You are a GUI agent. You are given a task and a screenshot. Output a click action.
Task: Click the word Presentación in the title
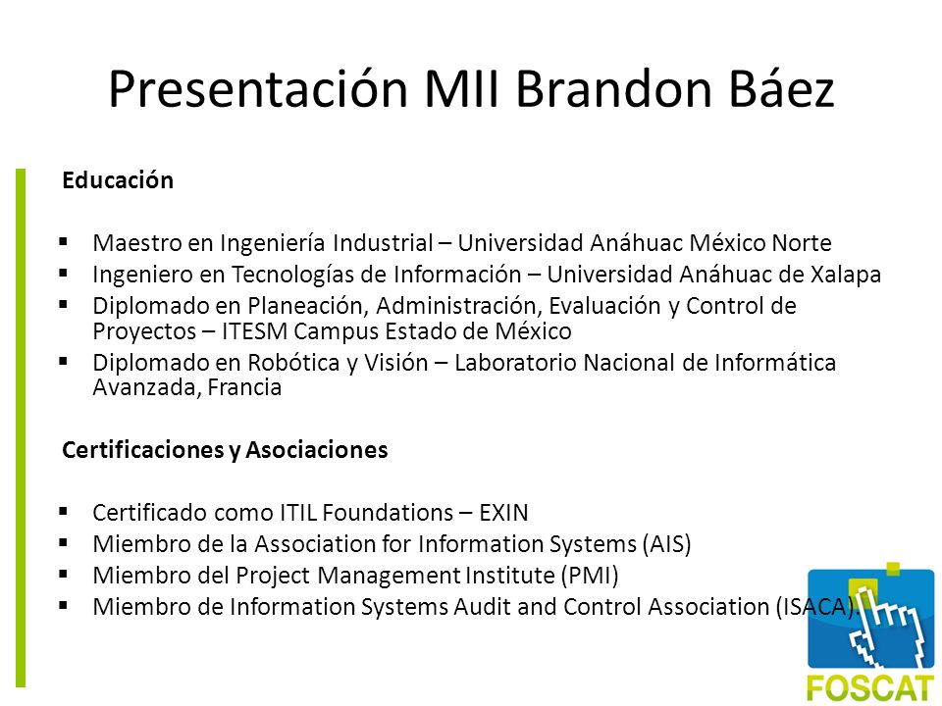point(258,89)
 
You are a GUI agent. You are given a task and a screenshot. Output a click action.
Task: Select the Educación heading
point(118,180)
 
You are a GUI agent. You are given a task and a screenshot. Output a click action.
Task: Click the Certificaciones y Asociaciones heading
point(225,450)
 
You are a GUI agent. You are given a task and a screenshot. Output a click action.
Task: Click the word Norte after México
point(802,243)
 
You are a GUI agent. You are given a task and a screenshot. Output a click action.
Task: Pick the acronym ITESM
point(255,331)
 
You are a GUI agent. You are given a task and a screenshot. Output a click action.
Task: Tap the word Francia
point(244,387)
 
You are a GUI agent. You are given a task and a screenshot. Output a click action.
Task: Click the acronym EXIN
point(503,513)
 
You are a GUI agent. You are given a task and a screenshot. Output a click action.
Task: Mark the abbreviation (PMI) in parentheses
point(590,576)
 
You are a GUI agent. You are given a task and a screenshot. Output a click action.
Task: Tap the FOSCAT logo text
point(870,688)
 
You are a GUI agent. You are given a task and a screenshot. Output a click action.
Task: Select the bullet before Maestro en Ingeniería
point(64,242)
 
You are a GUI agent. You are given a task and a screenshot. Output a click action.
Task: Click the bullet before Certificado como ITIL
point(64,512)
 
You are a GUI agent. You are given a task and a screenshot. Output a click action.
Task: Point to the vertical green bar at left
point(21,428)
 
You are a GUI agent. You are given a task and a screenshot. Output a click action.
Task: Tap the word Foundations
point(389,513)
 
